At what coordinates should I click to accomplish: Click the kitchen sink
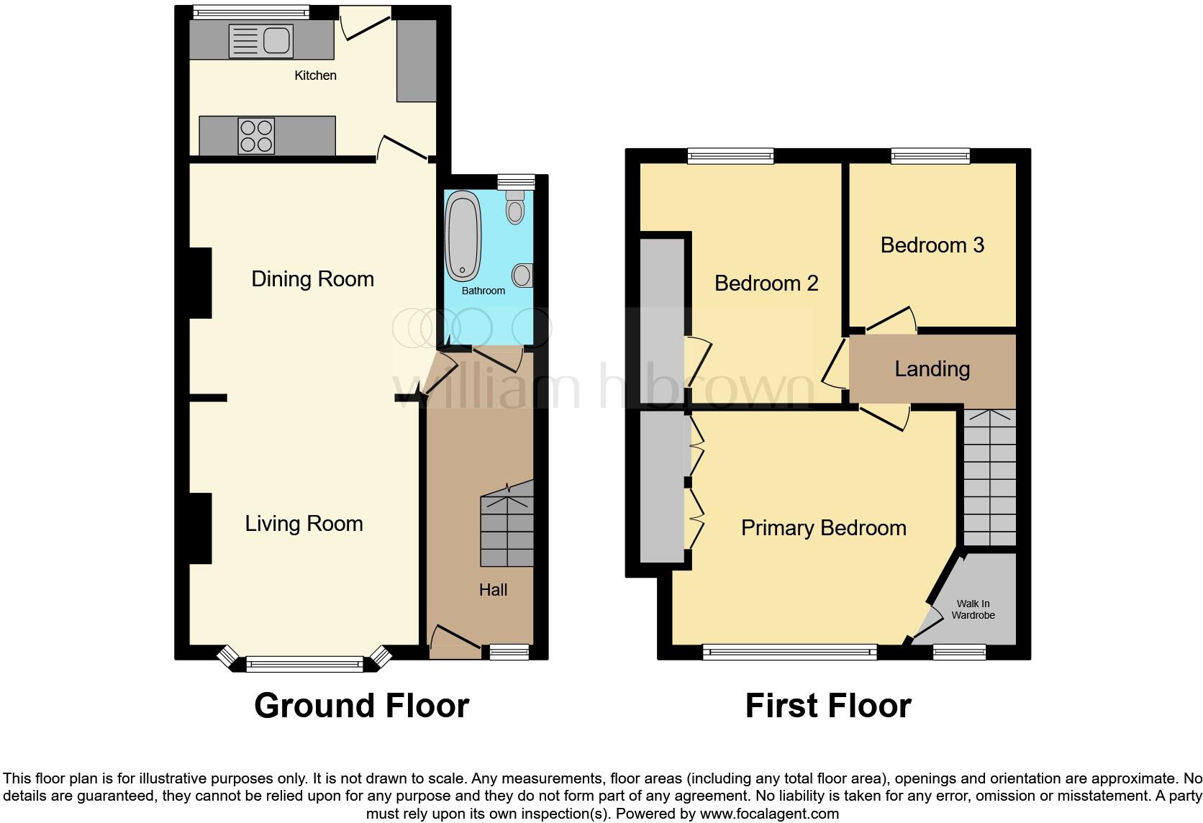point(260,40)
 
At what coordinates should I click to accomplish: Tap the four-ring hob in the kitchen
point(257,136)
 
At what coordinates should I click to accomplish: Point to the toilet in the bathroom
point(515,208)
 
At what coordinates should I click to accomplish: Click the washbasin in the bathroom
point(522,275)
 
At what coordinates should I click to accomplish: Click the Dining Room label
point(312,279)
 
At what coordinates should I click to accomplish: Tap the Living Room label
point(304,524)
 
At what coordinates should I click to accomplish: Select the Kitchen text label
point(315,76)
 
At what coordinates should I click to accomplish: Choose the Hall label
point(493,590)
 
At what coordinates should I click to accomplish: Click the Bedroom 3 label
point(932,245)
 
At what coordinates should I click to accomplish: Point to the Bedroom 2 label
point(766,283)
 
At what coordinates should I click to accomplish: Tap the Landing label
point(932,369)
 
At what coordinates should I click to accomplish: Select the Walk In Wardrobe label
point(973,609)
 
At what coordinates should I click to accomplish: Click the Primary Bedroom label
point(823,528)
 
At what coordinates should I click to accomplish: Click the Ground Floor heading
point(361,706)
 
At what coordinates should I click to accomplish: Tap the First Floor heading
point(827,706)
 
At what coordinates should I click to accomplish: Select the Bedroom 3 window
point(930,155)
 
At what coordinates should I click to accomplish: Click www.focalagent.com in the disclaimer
point(769,814)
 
